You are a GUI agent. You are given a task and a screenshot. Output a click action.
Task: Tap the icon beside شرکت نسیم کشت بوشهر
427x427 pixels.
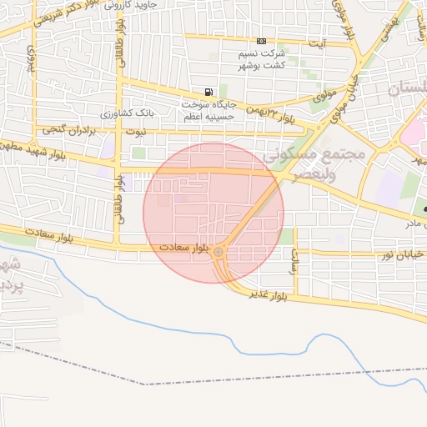262,41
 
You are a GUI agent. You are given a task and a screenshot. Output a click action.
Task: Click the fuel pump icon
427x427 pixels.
208,92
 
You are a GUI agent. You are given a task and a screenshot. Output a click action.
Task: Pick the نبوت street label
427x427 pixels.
134,131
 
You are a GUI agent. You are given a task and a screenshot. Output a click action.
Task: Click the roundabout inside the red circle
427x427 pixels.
219,251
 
